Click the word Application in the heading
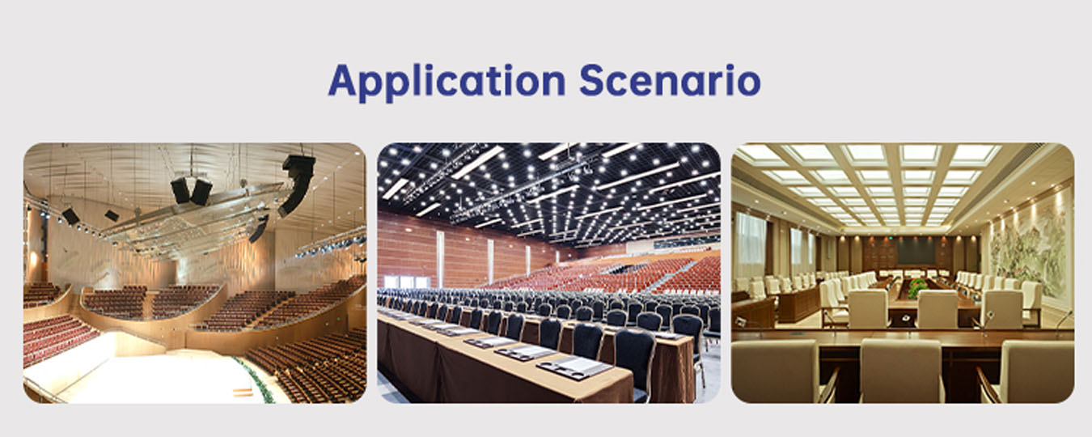coord(447,82)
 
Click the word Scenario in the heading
coord(671,80)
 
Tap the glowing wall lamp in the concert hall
coord(33,257)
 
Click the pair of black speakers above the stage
coord(191,191)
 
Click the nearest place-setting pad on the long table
coord(574,367)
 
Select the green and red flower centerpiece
coord(917,288)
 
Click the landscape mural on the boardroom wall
coord(1032,247)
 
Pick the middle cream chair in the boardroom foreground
coord(901,371)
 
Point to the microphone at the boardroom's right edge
coord(1064,323)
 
